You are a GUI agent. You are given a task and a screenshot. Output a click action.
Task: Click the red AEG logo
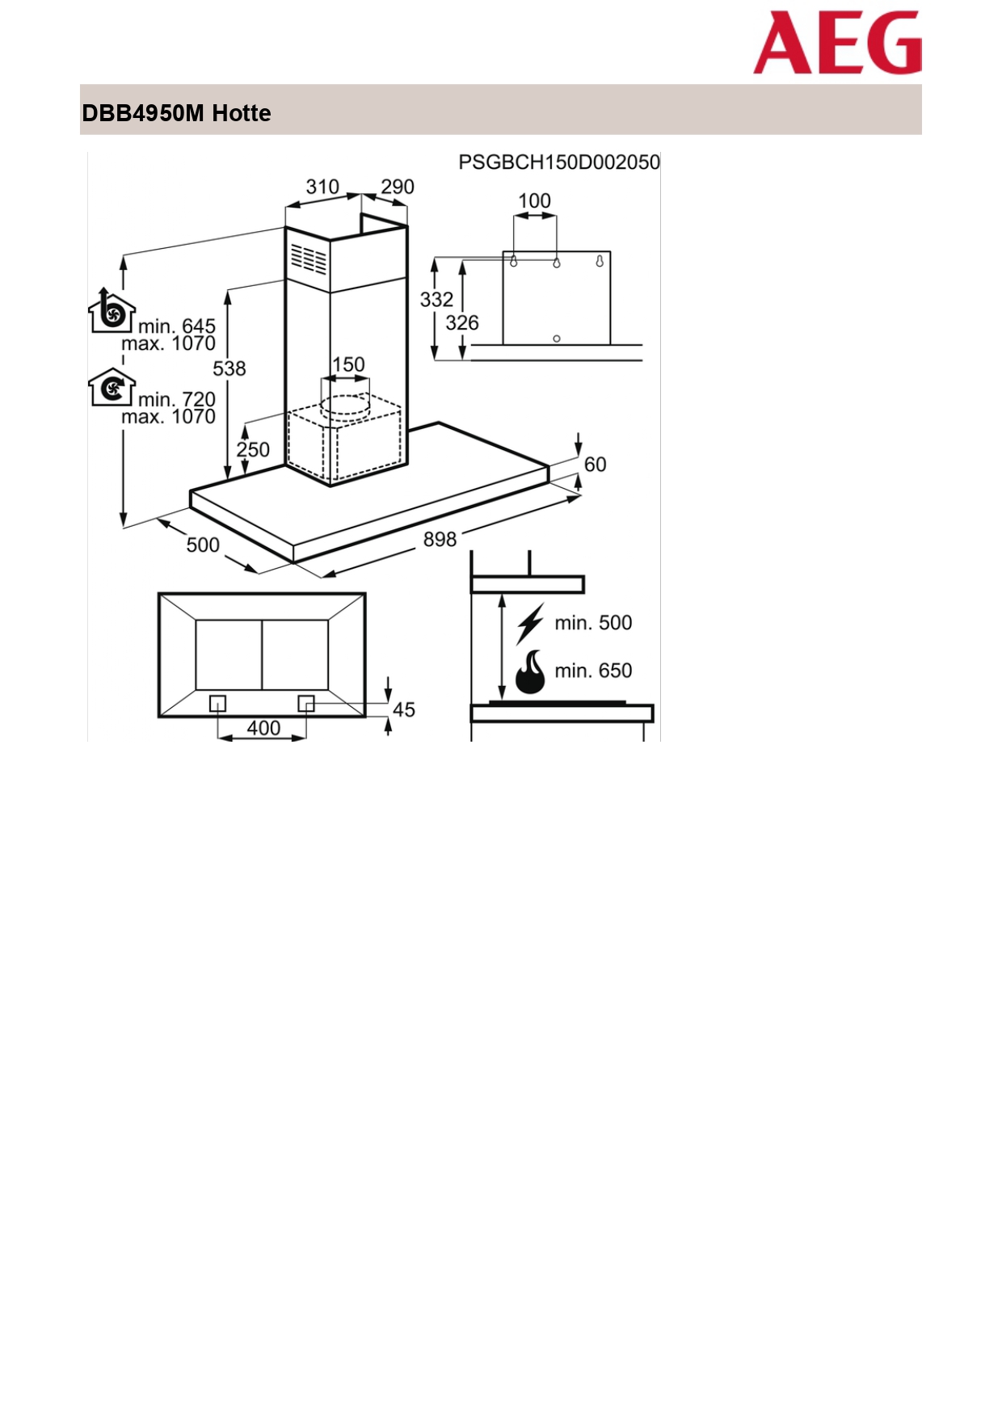point(837,42)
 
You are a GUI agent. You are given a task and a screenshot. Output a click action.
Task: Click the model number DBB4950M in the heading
point(143,113)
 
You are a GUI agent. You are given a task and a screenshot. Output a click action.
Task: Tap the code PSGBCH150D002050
point(559,162)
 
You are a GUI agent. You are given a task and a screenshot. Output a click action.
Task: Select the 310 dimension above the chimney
point(322,187)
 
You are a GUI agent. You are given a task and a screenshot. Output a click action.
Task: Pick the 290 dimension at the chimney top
point(398,187)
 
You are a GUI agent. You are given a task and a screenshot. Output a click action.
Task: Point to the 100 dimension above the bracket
point(534,200)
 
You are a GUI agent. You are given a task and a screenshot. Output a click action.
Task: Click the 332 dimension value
point(436,300)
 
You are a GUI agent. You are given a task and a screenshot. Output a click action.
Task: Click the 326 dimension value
point(462,323)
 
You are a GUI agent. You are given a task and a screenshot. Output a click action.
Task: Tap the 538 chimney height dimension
point(229,368)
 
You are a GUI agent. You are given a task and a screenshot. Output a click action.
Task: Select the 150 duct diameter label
point(348,364)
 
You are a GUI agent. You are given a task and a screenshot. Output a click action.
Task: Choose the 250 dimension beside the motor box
point(253,449)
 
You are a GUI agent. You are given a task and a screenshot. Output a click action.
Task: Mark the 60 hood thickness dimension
point(595,465)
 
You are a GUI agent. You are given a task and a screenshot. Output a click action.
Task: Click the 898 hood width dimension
point(440,539)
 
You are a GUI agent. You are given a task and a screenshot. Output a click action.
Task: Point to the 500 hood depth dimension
point(203,545)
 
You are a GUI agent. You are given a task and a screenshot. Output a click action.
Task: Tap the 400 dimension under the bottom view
point(263,728)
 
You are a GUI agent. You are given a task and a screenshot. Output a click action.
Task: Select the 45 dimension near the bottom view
point(404,709)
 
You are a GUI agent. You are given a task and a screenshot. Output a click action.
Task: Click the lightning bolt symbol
point(530,623)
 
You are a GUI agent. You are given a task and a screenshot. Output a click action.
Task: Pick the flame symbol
point(530,672)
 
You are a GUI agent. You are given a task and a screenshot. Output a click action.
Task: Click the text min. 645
point(177,326)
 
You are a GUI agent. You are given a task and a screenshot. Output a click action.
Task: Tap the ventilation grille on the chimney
point(308,259)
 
